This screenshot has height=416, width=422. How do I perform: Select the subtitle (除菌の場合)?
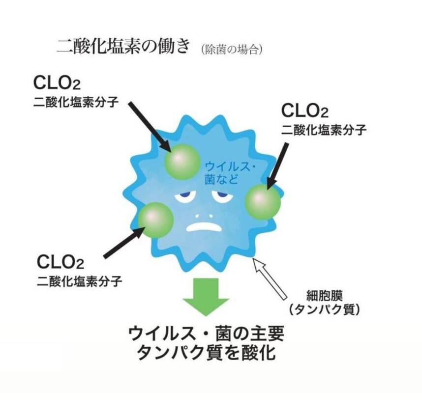pos(231,50)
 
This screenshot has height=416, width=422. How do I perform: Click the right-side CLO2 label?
pos(304,111)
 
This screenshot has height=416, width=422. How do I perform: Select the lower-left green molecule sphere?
pos(155,220)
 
